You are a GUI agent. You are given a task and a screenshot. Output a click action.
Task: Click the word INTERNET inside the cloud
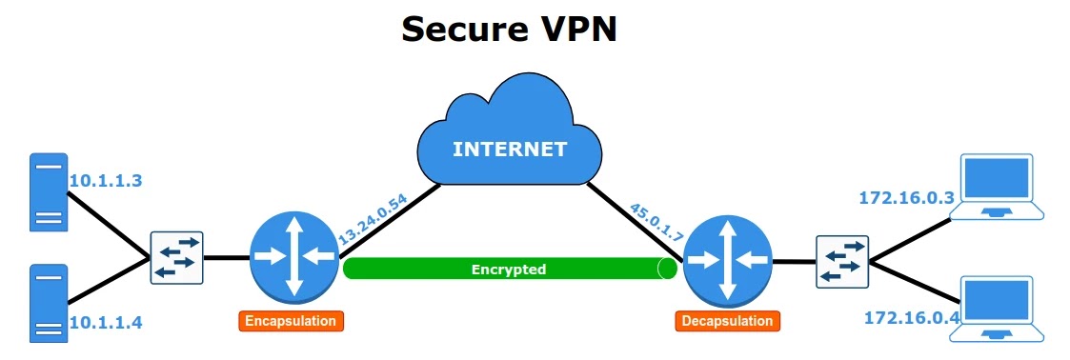509,150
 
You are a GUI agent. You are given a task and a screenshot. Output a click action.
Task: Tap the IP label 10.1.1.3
105,179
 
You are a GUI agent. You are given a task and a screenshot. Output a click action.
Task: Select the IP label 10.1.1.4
105,322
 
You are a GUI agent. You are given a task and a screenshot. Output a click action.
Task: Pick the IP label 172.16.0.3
905,198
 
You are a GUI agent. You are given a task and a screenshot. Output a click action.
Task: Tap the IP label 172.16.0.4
911,317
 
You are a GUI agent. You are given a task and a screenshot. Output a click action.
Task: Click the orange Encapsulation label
291,321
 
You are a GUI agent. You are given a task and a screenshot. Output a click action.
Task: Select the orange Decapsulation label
727,321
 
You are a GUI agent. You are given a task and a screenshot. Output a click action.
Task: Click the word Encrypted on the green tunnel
509,270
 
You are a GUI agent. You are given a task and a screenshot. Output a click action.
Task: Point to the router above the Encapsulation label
292,255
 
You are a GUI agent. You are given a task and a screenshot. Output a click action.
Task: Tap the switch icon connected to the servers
176,257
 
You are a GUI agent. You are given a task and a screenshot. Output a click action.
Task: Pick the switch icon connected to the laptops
842,261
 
